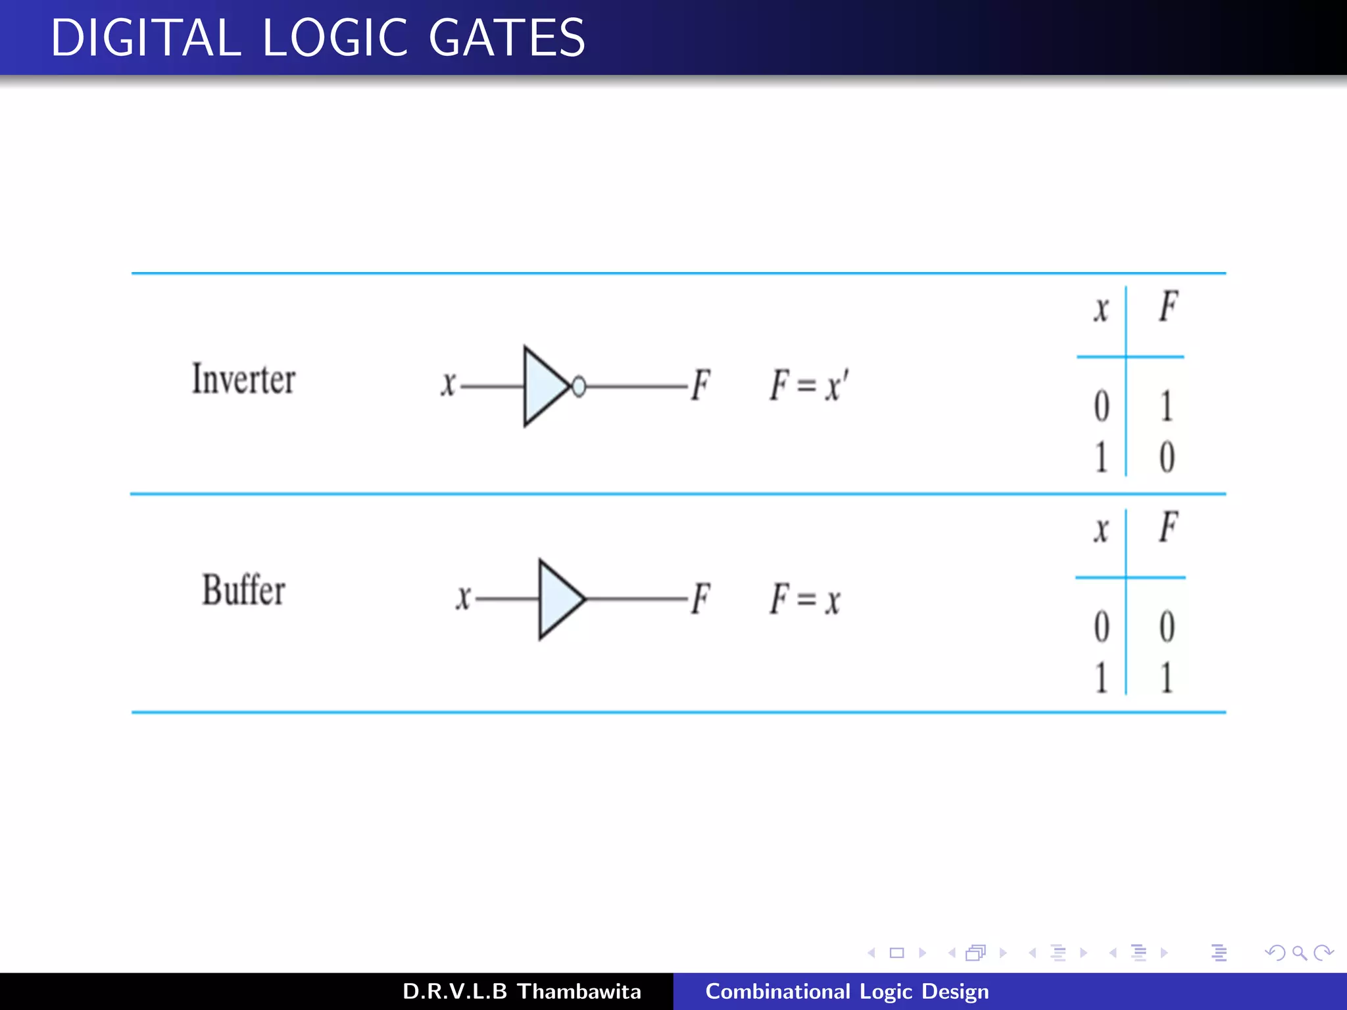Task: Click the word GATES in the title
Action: [x=506, y=38]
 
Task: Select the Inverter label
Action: [x=243, y=380]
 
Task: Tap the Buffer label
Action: [x=243, y=590]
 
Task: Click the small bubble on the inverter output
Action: [x=579, y=387]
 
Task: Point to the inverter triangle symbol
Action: [x=543, y=387]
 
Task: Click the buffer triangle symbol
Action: [x=558, y=599]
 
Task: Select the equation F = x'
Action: [x=810, y=385]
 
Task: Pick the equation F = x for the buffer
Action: [x=806, y=599]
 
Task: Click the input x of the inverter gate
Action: [x=448, y=385]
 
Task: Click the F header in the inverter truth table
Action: [x=1168, y=306]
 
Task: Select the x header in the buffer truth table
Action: [x=1101, y=529]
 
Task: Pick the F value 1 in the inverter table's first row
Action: [x=1166, y=406]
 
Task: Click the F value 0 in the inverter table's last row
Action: [x=1167, y=457]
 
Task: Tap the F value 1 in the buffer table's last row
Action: [x=1166, y=678]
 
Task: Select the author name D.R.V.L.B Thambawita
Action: [x=522, y=992]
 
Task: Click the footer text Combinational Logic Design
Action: [x=846, y=992]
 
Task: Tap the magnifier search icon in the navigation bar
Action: [x=1299, y=953]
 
